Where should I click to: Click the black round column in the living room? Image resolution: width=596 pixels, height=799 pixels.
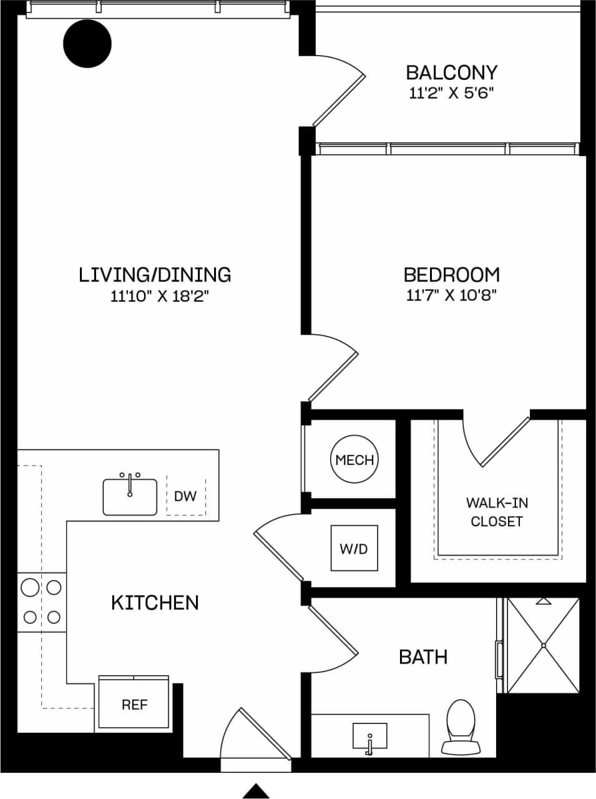point(87,44)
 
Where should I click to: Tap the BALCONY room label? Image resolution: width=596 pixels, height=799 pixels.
point(451,72)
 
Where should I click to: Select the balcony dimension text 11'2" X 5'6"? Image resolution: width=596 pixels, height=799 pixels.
point(451,94)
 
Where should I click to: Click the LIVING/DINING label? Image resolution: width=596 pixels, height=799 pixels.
point(155,275)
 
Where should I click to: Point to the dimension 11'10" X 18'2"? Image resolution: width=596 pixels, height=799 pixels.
point(159,296)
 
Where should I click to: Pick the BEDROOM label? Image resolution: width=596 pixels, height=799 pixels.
point(451,275)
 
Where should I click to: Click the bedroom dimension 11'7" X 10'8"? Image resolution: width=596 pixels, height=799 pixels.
point(451,295)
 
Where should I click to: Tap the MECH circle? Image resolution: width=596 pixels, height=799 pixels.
point(354,460)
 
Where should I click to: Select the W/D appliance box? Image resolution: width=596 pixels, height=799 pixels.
point(354,548)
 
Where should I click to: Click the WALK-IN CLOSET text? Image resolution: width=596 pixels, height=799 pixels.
point(497,512)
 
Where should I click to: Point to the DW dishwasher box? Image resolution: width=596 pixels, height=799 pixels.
point(185,496)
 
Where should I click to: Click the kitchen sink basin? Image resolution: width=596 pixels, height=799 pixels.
point(130,496)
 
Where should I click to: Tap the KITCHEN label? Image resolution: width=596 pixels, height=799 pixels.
point(155,602)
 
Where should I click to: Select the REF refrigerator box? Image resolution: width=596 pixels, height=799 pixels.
point(134,704)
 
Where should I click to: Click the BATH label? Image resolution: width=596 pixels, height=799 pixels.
point(423,657)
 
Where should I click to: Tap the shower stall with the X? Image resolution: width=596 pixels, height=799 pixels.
point(543,645)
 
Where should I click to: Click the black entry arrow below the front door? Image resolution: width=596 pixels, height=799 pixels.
point(256,791)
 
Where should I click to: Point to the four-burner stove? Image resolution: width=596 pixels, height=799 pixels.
point(42,602)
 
